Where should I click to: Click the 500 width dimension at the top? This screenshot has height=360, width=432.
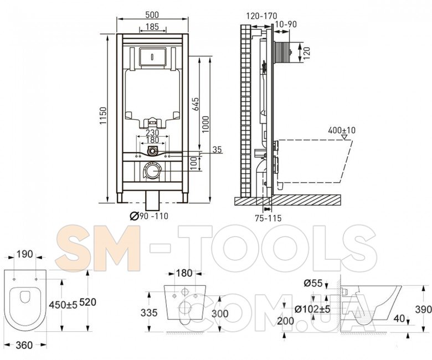152,14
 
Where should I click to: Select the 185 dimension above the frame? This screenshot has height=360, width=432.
152,27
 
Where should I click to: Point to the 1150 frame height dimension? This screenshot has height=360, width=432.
103,116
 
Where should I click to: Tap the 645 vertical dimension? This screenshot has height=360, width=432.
195,104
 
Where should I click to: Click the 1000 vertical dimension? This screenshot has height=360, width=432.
205,124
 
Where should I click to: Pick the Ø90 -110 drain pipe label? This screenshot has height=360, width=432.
149,216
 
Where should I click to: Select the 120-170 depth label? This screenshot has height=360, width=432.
261,16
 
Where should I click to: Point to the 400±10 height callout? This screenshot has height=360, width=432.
342,130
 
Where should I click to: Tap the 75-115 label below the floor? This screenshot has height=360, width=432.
268,218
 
